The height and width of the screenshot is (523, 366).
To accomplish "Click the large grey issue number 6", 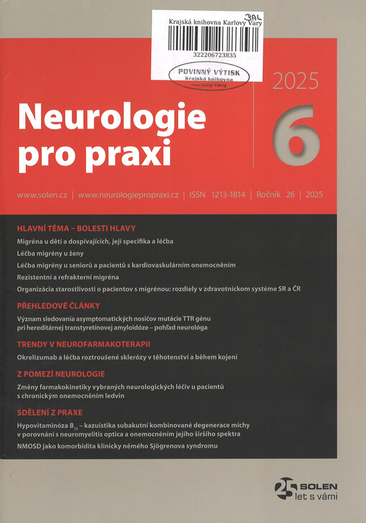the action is point(296,134).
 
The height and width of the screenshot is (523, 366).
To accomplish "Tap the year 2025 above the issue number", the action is point(295,81).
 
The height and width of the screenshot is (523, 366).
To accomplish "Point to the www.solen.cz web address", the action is point(42,195).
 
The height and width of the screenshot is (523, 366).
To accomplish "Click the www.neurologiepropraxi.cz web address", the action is point(128,195).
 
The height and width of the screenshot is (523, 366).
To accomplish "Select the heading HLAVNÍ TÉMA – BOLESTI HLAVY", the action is point(75,228).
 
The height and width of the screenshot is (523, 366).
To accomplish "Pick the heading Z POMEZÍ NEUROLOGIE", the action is point(61,374).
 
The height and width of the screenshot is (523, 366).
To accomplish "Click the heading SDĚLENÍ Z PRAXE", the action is point(50,412).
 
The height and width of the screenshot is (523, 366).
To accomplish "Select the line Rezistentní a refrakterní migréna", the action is point(67,277).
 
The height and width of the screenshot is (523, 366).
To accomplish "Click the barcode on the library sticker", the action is point(215,40).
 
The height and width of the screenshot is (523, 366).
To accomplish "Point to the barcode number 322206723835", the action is point(215,55).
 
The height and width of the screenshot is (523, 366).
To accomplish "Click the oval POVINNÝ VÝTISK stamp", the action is point(210,76).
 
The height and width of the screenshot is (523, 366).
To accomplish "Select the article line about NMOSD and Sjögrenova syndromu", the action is point(115,447).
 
